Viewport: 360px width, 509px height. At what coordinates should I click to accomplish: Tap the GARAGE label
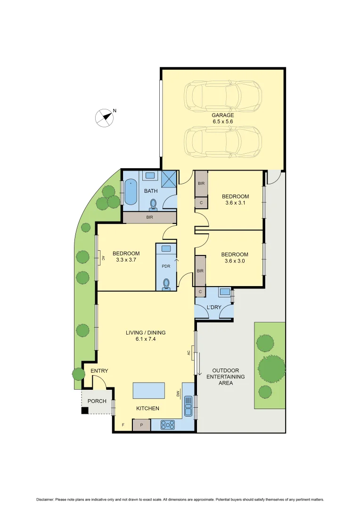coord(222,115)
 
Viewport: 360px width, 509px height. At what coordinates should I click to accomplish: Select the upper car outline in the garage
coord(222,96)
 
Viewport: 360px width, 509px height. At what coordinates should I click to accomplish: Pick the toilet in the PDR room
coord(166,284)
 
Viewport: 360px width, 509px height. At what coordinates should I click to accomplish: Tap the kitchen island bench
coord(149,391)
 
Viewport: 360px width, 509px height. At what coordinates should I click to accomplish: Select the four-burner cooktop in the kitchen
coord(168,425)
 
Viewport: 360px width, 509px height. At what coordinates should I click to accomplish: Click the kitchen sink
coord(188,406)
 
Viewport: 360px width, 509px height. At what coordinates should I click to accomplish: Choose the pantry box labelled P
coord(141,425)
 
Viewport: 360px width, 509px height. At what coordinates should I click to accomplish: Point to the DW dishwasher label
coord(179,394)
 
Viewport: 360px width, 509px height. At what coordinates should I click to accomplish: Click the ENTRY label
coord(99,371)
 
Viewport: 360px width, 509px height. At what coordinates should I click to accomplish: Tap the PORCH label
coord(98,402)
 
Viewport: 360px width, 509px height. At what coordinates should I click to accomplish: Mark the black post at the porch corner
coord(84,410)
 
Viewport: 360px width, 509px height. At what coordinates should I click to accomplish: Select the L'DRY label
coord(214,307)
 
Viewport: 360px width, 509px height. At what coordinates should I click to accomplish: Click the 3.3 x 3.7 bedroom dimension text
coord(126,260)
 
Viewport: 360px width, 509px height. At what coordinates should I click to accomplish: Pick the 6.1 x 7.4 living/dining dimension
coord(146,339)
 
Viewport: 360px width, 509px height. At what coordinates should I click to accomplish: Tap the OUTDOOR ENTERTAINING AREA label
coord(229,377)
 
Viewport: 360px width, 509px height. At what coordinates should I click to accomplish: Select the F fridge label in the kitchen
coord(123,425)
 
